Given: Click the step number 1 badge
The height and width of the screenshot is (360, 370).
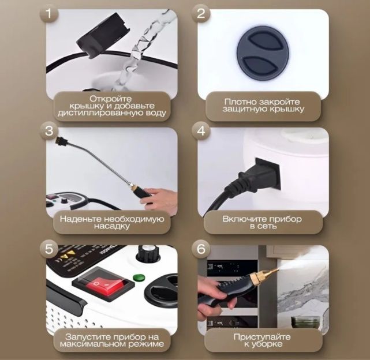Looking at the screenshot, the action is click(x=48, y=13).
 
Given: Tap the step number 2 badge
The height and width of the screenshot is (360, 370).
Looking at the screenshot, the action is click(x=200, y=13).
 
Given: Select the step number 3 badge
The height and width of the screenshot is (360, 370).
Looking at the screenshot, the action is click(x=48, y=130).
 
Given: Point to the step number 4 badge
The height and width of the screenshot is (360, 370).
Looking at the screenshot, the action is click(x=200, y=130).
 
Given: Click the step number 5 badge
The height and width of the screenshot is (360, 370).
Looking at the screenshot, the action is click(x=48, y=249).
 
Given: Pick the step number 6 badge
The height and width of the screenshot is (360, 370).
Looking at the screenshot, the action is click(x=200, y=249).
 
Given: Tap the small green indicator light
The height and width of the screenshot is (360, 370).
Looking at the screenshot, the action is click(x=139, y=277).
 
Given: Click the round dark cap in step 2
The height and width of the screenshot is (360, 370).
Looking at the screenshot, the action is click(x=263, y=52).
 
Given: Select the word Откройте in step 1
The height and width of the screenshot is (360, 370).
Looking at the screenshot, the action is click(x=110, y=99).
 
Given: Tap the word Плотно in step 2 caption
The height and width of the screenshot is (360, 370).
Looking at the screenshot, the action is click(x=240, y=102).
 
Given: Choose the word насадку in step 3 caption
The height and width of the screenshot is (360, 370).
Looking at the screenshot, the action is click(x=112, y=226).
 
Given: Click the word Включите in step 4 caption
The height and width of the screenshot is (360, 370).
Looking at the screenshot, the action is click(x=243, y=219).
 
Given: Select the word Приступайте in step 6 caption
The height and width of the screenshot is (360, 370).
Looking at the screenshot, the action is click(x=262, y=337).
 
